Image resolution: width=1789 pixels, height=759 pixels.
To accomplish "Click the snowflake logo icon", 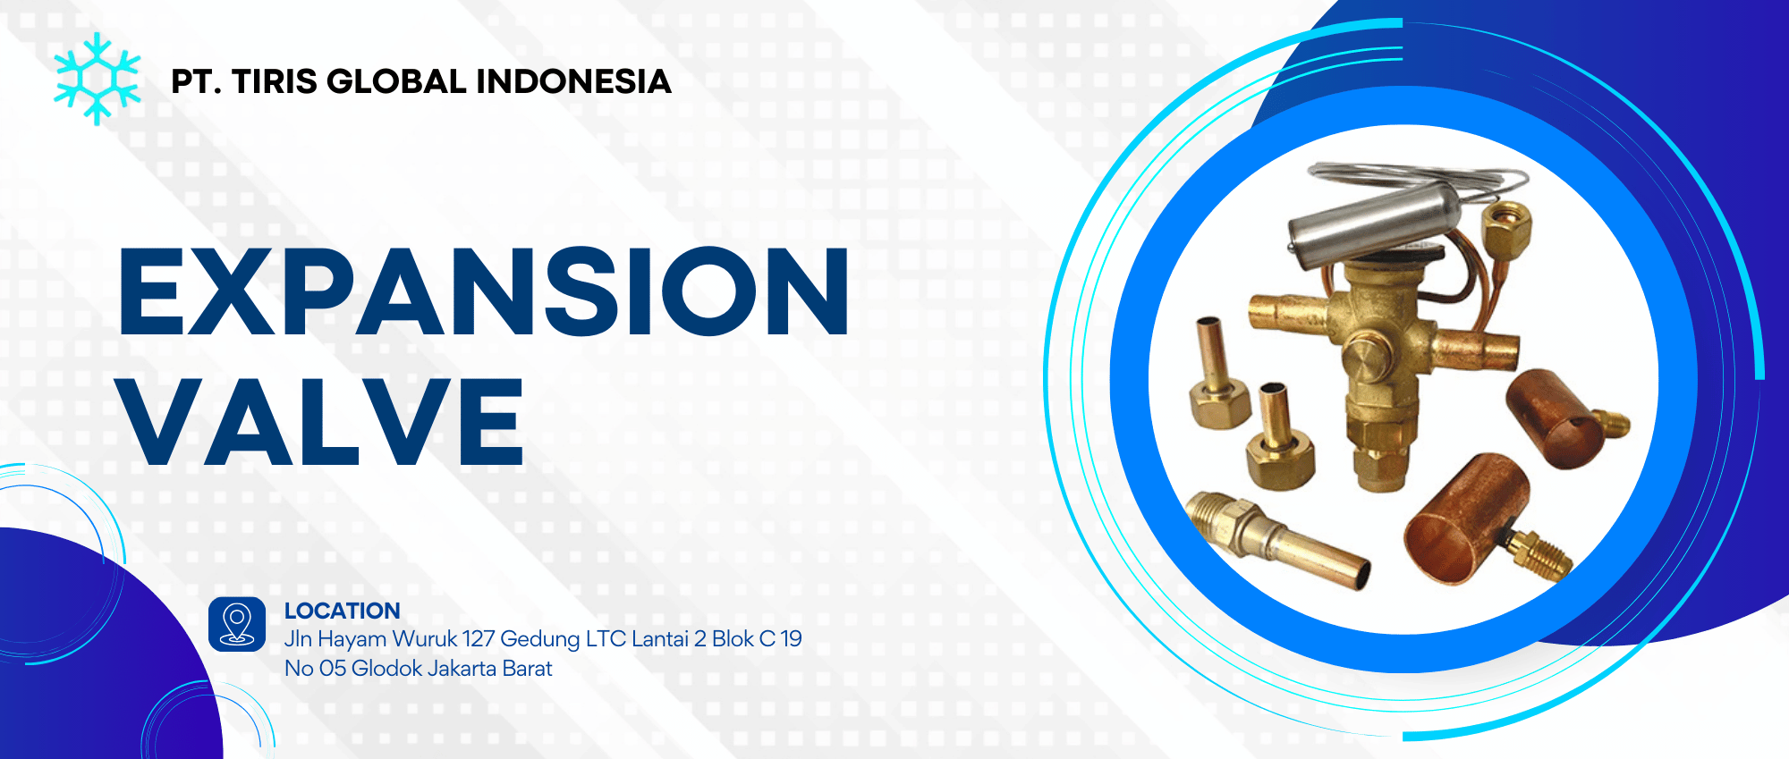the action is [97, 79].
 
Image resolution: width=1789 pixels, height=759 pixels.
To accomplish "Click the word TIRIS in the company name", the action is [274, 81].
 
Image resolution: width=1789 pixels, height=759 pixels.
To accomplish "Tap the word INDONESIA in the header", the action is [573, 81].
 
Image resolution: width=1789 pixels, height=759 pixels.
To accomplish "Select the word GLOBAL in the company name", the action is [396, 81].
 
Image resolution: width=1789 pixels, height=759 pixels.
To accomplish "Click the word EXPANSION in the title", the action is [484, 291].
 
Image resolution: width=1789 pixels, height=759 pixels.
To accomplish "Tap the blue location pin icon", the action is [237, 624].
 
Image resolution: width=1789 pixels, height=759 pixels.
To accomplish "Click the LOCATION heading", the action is [343, 611].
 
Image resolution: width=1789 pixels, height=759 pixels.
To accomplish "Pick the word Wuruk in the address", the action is [425, 639].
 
